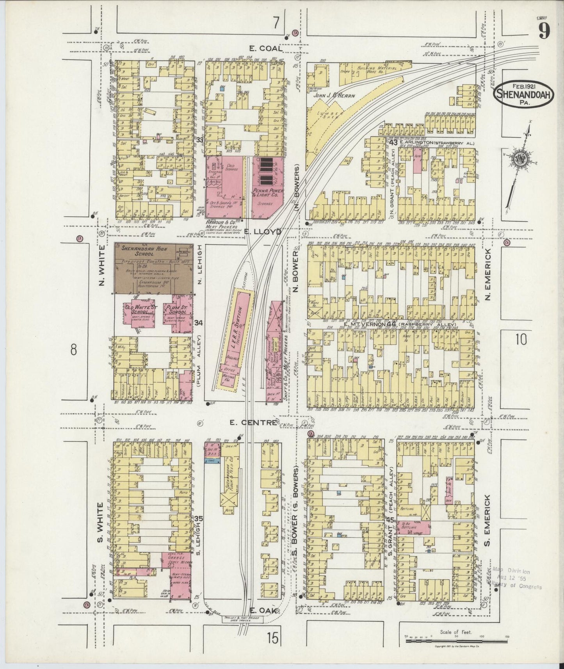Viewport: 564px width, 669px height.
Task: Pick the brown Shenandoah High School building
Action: (153, 269)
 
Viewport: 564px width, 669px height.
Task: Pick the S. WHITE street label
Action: (100, 522)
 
